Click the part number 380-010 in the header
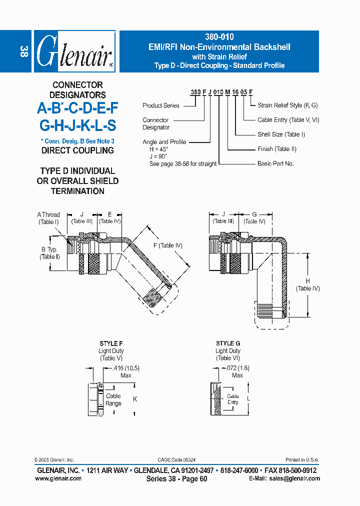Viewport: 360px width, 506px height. pyautogui.click(x=219, y=37)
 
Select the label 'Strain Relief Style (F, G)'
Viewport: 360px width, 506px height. pyautogui.click(x=287, y=105)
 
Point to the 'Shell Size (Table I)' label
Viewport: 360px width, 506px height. pyautogui.click(x=281, y=134)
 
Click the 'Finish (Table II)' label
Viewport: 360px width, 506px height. pyautogui.click(x=277, y=149)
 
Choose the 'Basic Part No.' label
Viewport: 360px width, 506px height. pyautogui.click(x=275, y=163)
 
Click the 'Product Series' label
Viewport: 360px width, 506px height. pyautogui.click(x=161, y=105)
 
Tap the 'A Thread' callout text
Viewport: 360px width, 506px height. pyautogui.click(x=48, y=215)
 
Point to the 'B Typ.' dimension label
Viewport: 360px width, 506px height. pyautogui.click(x=49, y=249)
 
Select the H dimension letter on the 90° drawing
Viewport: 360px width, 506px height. pyautogui.click(x=308, y=281)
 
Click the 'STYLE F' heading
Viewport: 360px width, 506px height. pyautogui.click(x=111, y=344)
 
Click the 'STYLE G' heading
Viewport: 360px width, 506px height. pyautogui.click(x=228, y=343)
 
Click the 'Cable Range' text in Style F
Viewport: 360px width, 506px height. pyautogui.click(x=113, y=399)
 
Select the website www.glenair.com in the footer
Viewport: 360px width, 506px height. pyautogui.click(x=58, y=478)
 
